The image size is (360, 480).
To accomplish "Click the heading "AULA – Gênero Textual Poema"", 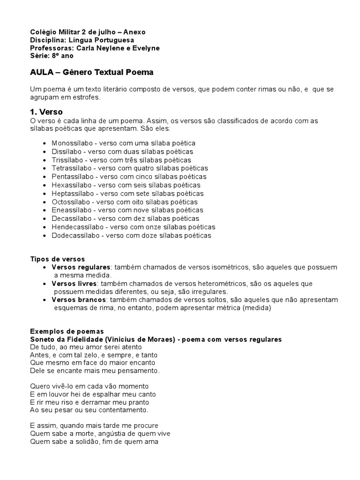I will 91,73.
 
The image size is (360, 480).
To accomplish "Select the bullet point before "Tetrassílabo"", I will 44,168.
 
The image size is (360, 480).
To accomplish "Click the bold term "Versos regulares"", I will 81,267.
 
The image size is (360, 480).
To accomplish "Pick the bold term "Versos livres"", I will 74,284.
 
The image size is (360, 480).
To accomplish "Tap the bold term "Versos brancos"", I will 79,300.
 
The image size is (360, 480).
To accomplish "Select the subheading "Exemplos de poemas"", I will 67,331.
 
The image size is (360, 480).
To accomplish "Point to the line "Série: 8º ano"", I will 52,56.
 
